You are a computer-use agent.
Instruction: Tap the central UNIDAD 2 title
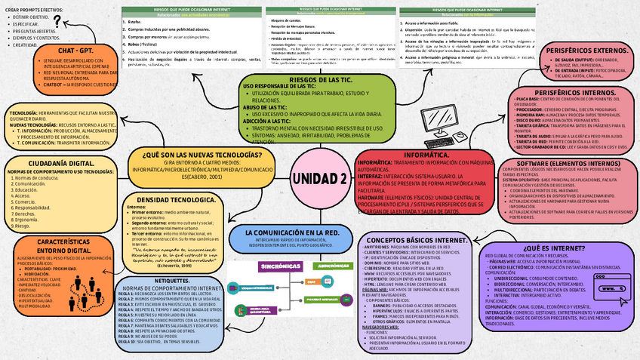click(x=319, y=178)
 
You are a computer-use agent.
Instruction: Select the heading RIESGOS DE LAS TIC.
click(x=320, y=79)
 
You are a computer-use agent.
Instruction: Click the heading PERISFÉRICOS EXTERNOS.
click(x=574, y=50)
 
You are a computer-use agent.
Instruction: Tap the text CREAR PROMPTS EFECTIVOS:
click(x=35, y=8)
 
